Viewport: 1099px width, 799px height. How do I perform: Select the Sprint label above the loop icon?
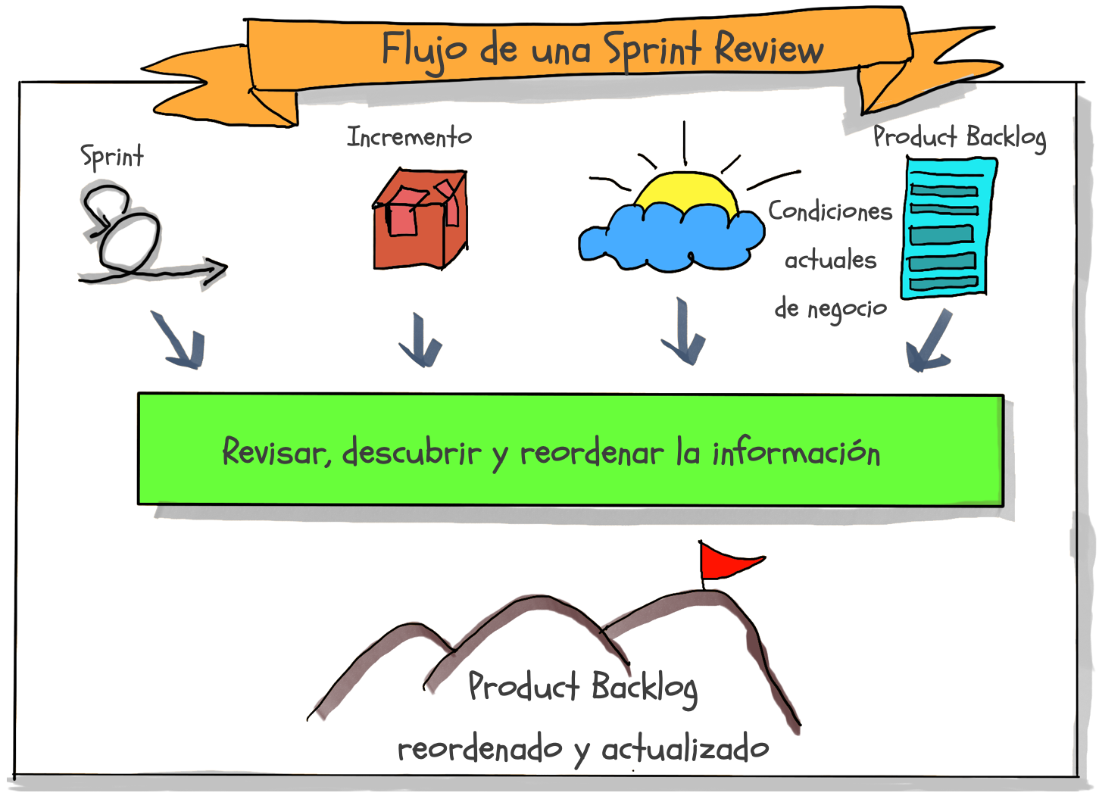112,157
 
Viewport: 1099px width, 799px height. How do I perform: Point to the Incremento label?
409,136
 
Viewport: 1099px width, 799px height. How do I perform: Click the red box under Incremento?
420,219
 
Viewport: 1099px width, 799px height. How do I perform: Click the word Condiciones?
830,211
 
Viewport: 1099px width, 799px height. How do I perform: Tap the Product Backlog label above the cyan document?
960,137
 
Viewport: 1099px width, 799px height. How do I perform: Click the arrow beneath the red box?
420,340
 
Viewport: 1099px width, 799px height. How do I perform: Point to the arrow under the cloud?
684,332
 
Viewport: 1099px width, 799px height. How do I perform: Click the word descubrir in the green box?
411,451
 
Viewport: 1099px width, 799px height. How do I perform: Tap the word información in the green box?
796,452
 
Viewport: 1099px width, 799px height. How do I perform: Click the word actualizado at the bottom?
685,749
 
